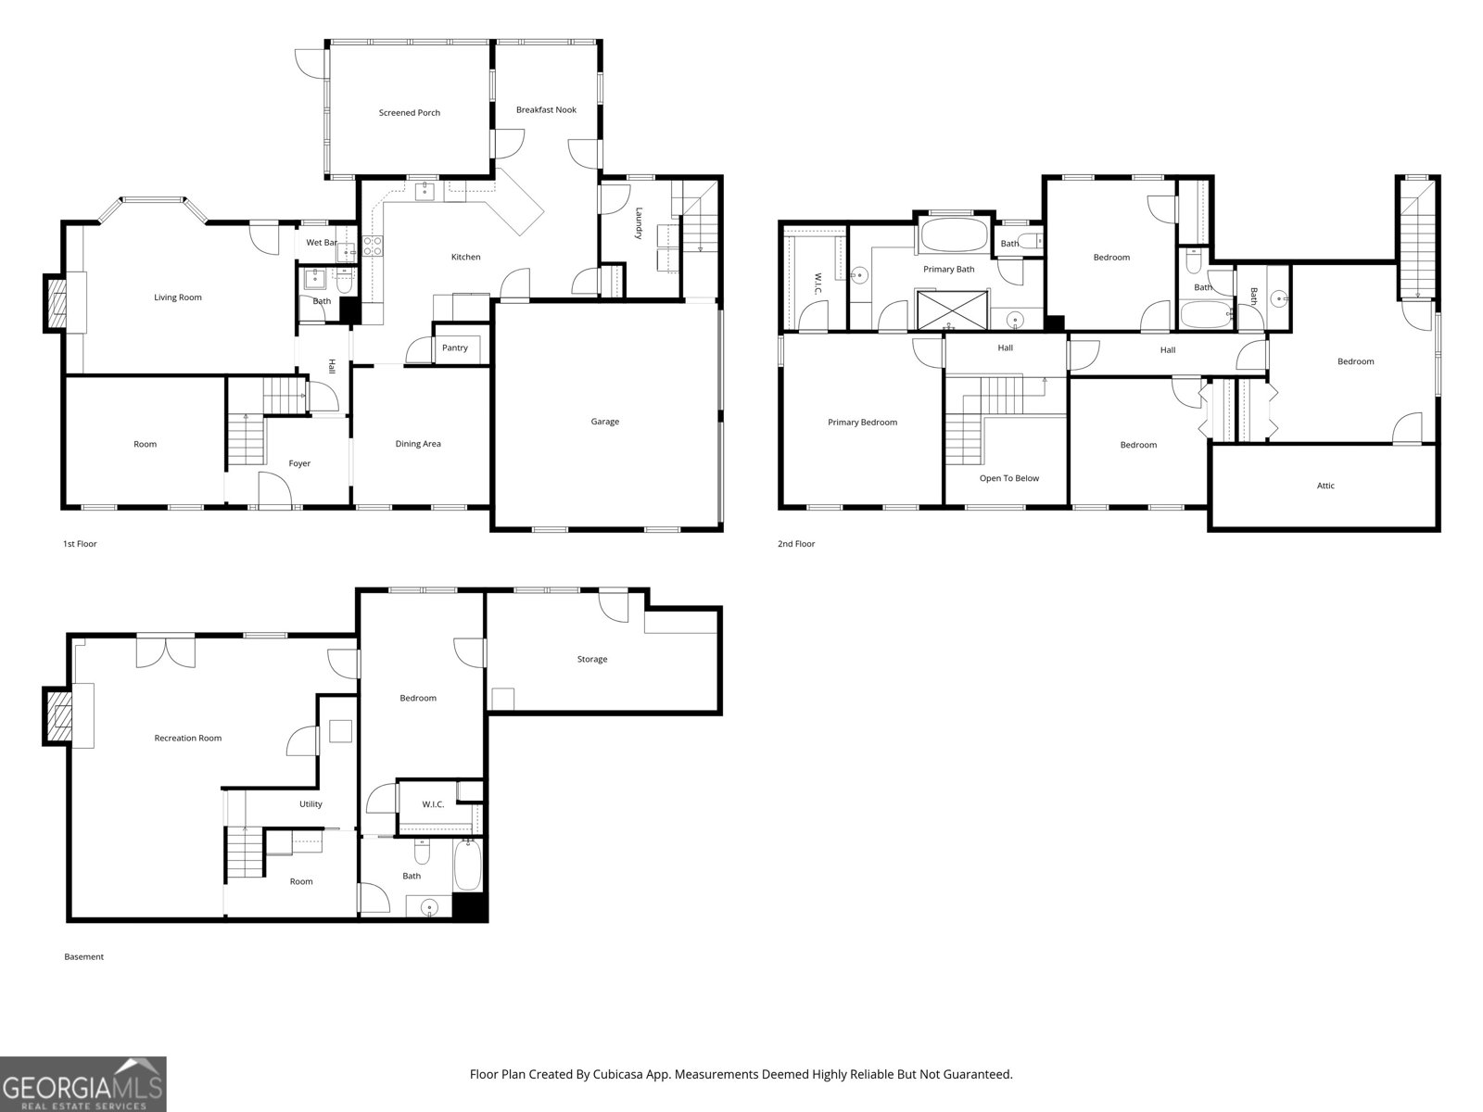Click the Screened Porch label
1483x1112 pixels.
(410, 113)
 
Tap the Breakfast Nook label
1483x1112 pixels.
(546, 109)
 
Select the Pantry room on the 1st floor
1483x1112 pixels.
(462, 346)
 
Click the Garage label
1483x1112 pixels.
(604, 422)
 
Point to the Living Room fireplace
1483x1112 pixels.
(57, 303)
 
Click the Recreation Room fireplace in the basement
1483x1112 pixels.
(57, 715)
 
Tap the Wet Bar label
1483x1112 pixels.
(322, 243)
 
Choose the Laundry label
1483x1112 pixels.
(639, 222)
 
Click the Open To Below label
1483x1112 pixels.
(1009, 478)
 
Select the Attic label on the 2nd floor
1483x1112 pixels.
(1325, 486)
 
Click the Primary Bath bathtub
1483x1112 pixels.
(954, 235)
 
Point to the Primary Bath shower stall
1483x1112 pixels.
(951, 310)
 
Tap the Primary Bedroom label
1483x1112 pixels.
(862, 422)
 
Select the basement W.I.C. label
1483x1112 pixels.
(433, 804)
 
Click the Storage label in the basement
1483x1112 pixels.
(592, 659)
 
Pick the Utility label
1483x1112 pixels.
(311, 804)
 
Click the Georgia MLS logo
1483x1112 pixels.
(83, 1084)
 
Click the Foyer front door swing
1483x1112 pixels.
(275, 490)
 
